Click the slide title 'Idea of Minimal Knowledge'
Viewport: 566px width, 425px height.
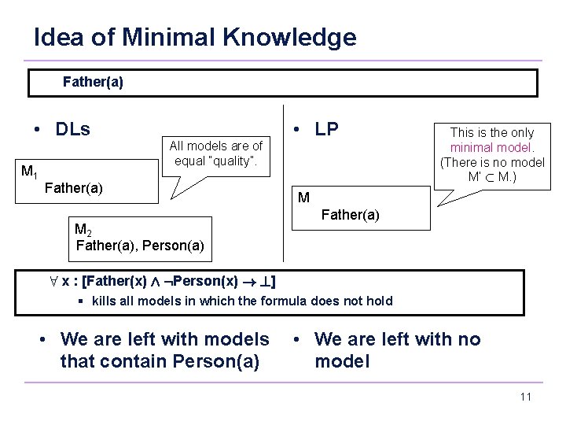(195, 37)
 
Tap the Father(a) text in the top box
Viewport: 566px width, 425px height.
(92, 82)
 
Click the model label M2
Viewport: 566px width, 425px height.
(83, 230)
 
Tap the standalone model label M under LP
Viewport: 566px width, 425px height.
(303, 198)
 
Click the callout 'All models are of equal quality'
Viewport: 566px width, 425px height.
(216, 153)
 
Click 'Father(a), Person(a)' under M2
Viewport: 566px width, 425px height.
(140, 246)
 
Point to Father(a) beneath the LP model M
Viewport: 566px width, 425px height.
(351, 214)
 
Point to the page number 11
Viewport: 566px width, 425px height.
(525, 397)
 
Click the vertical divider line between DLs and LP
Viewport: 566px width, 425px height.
(284, 190)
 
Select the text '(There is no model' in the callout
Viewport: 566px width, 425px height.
(491, 162)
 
